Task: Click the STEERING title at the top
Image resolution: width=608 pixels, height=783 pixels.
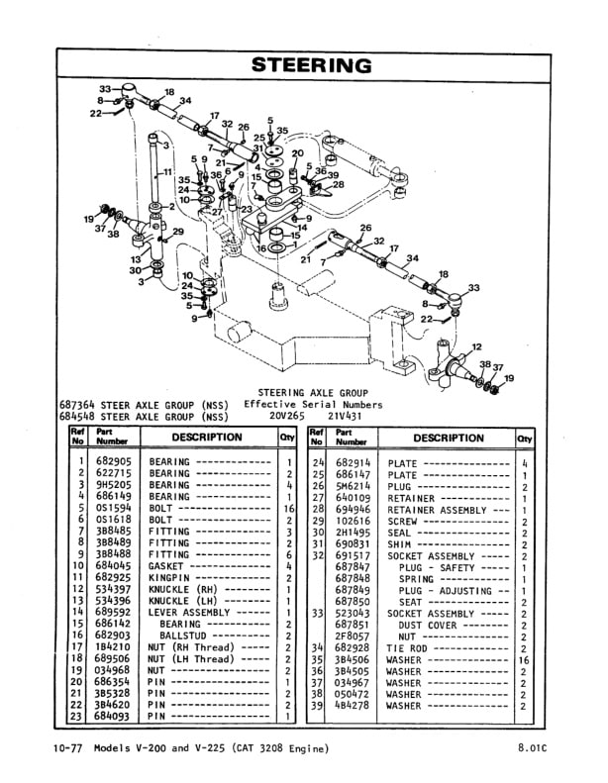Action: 311,66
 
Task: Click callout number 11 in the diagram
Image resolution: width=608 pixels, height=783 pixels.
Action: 169,172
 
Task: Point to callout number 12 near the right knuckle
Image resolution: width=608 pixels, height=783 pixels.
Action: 477,347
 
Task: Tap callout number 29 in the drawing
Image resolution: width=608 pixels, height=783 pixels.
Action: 178,232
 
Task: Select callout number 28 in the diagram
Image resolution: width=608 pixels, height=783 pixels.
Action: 339,184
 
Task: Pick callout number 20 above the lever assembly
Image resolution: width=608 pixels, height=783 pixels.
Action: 297,153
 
